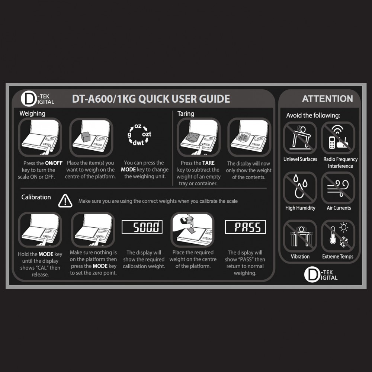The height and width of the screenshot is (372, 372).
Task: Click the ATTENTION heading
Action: click(x=327, y=99)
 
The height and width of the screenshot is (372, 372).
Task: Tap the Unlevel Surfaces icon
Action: click(x=300, y=138)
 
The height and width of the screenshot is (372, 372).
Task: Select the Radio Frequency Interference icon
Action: click(x=338, y=138)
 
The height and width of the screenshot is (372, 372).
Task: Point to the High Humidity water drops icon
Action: click(x=300, y=187)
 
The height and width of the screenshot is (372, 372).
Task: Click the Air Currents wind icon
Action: click(x=338, y=187)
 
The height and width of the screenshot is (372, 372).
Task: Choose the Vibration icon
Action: click(x=300, y=236)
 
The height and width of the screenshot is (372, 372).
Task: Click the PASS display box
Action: click(x=245, y=227)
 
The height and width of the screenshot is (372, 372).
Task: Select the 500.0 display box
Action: click(x=142, y=227)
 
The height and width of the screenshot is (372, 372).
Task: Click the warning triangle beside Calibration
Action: click(x=65, y=201)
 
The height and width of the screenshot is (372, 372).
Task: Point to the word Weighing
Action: click(x=32, y=113)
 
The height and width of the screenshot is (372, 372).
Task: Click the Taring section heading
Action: click(x=186, y=114)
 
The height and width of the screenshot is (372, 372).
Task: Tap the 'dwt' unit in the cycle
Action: click(x=138, y=143)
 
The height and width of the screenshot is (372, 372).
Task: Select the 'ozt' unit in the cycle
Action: click(x=147, y=134)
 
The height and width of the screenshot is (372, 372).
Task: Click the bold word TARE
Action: click(x=208, y=163)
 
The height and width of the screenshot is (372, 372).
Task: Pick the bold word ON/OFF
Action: click(x=54, y=163)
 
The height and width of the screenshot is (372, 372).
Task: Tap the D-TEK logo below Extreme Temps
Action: click(x=321, y=275)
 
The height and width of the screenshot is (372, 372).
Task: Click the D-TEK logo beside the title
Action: click(x=38, y=99)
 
